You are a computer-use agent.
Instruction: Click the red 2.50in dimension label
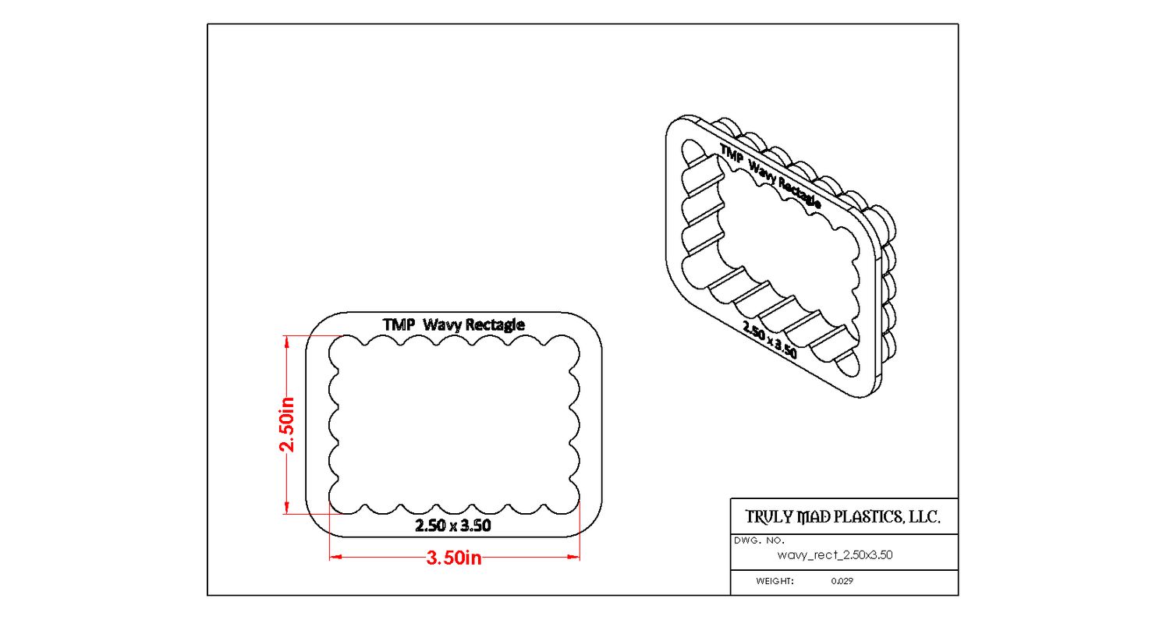[x=287, y=424]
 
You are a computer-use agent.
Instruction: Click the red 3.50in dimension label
[x=453, y=558]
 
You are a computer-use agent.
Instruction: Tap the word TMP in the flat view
[x=399, y=324]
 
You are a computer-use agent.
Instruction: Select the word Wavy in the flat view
[x=442, y=325]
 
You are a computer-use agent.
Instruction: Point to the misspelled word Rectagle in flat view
[x=495, y=325]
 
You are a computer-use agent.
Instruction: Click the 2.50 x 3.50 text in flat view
[x=453, y=526]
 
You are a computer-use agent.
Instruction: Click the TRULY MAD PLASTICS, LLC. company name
[x=842, y=516]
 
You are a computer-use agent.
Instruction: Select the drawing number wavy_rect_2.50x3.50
[x=835, y=554]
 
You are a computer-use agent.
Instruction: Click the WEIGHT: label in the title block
[x=775, y=581]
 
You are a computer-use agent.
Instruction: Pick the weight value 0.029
[x=842, y=581]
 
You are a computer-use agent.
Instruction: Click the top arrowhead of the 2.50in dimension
[x=287, y=341]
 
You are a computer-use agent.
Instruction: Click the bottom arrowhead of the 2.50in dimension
[x=287, y=508]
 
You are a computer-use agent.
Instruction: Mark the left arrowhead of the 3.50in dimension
[x=335, y=557]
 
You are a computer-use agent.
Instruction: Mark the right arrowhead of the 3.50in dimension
[x=573, y=557]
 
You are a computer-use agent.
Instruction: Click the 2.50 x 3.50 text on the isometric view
[x=770, y=339]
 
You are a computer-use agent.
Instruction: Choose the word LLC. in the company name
[x=924, y=516]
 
